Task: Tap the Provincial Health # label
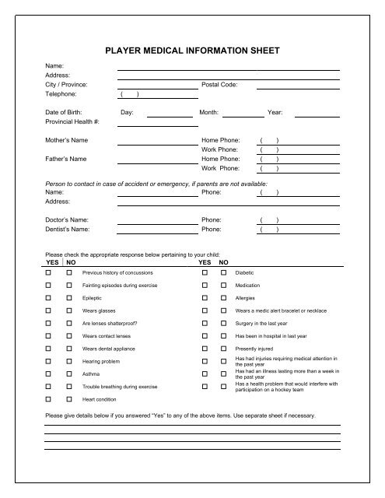pyautogui.click(x=73, y=121)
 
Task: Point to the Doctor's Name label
pyautogui.click(x=67, y=220)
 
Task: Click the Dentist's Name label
pyautogui.click(x=68, y=230)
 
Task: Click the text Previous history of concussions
pyautogui.click(x=118, y=274)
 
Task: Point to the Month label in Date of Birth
pyautogui.click(x=208, y=112)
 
